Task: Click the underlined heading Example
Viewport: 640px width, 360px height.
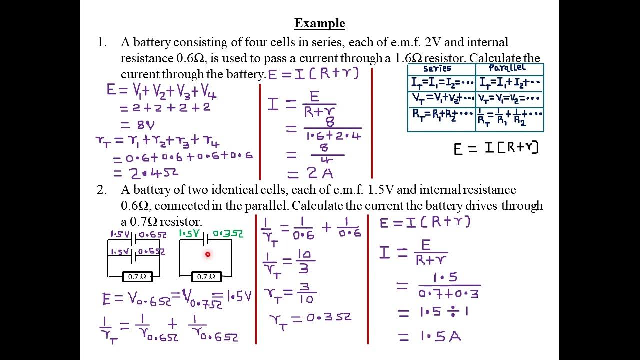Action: click(319, 23)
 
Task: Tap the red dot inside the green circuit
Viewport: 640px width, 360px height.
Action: click(208, 254)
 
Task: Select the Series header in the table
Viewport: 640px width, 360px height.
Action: click(437, 69)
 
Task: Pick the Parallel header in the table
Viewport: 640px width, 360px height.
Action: click(507, 68)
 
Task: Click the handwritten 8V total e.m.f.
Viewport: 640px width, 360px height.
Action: click(138, 125)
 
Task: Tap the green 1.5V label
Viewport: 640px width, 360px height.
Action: click(189, 234)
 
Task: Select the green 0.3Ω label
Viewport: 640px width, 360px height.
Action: click(228, 234)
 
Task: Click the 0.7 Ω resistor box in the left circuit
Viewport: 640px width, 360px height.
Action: click(137, 276)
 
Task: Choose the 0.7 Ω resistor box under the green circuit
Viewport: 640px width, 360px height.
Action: click(206, 276)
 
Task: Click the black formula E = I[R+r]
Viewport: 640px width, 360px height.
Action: click(495, 148)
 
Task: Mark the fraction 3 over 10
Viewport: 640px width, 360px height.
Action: click(306, 293)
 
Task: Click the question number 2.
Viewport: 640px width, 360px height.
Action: click(102, 190)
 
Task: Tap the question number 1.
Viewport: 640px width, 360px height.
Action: click(102, 43)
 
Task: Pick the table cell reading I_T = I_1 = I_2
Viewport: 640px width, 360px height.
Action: click(441, 83)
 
